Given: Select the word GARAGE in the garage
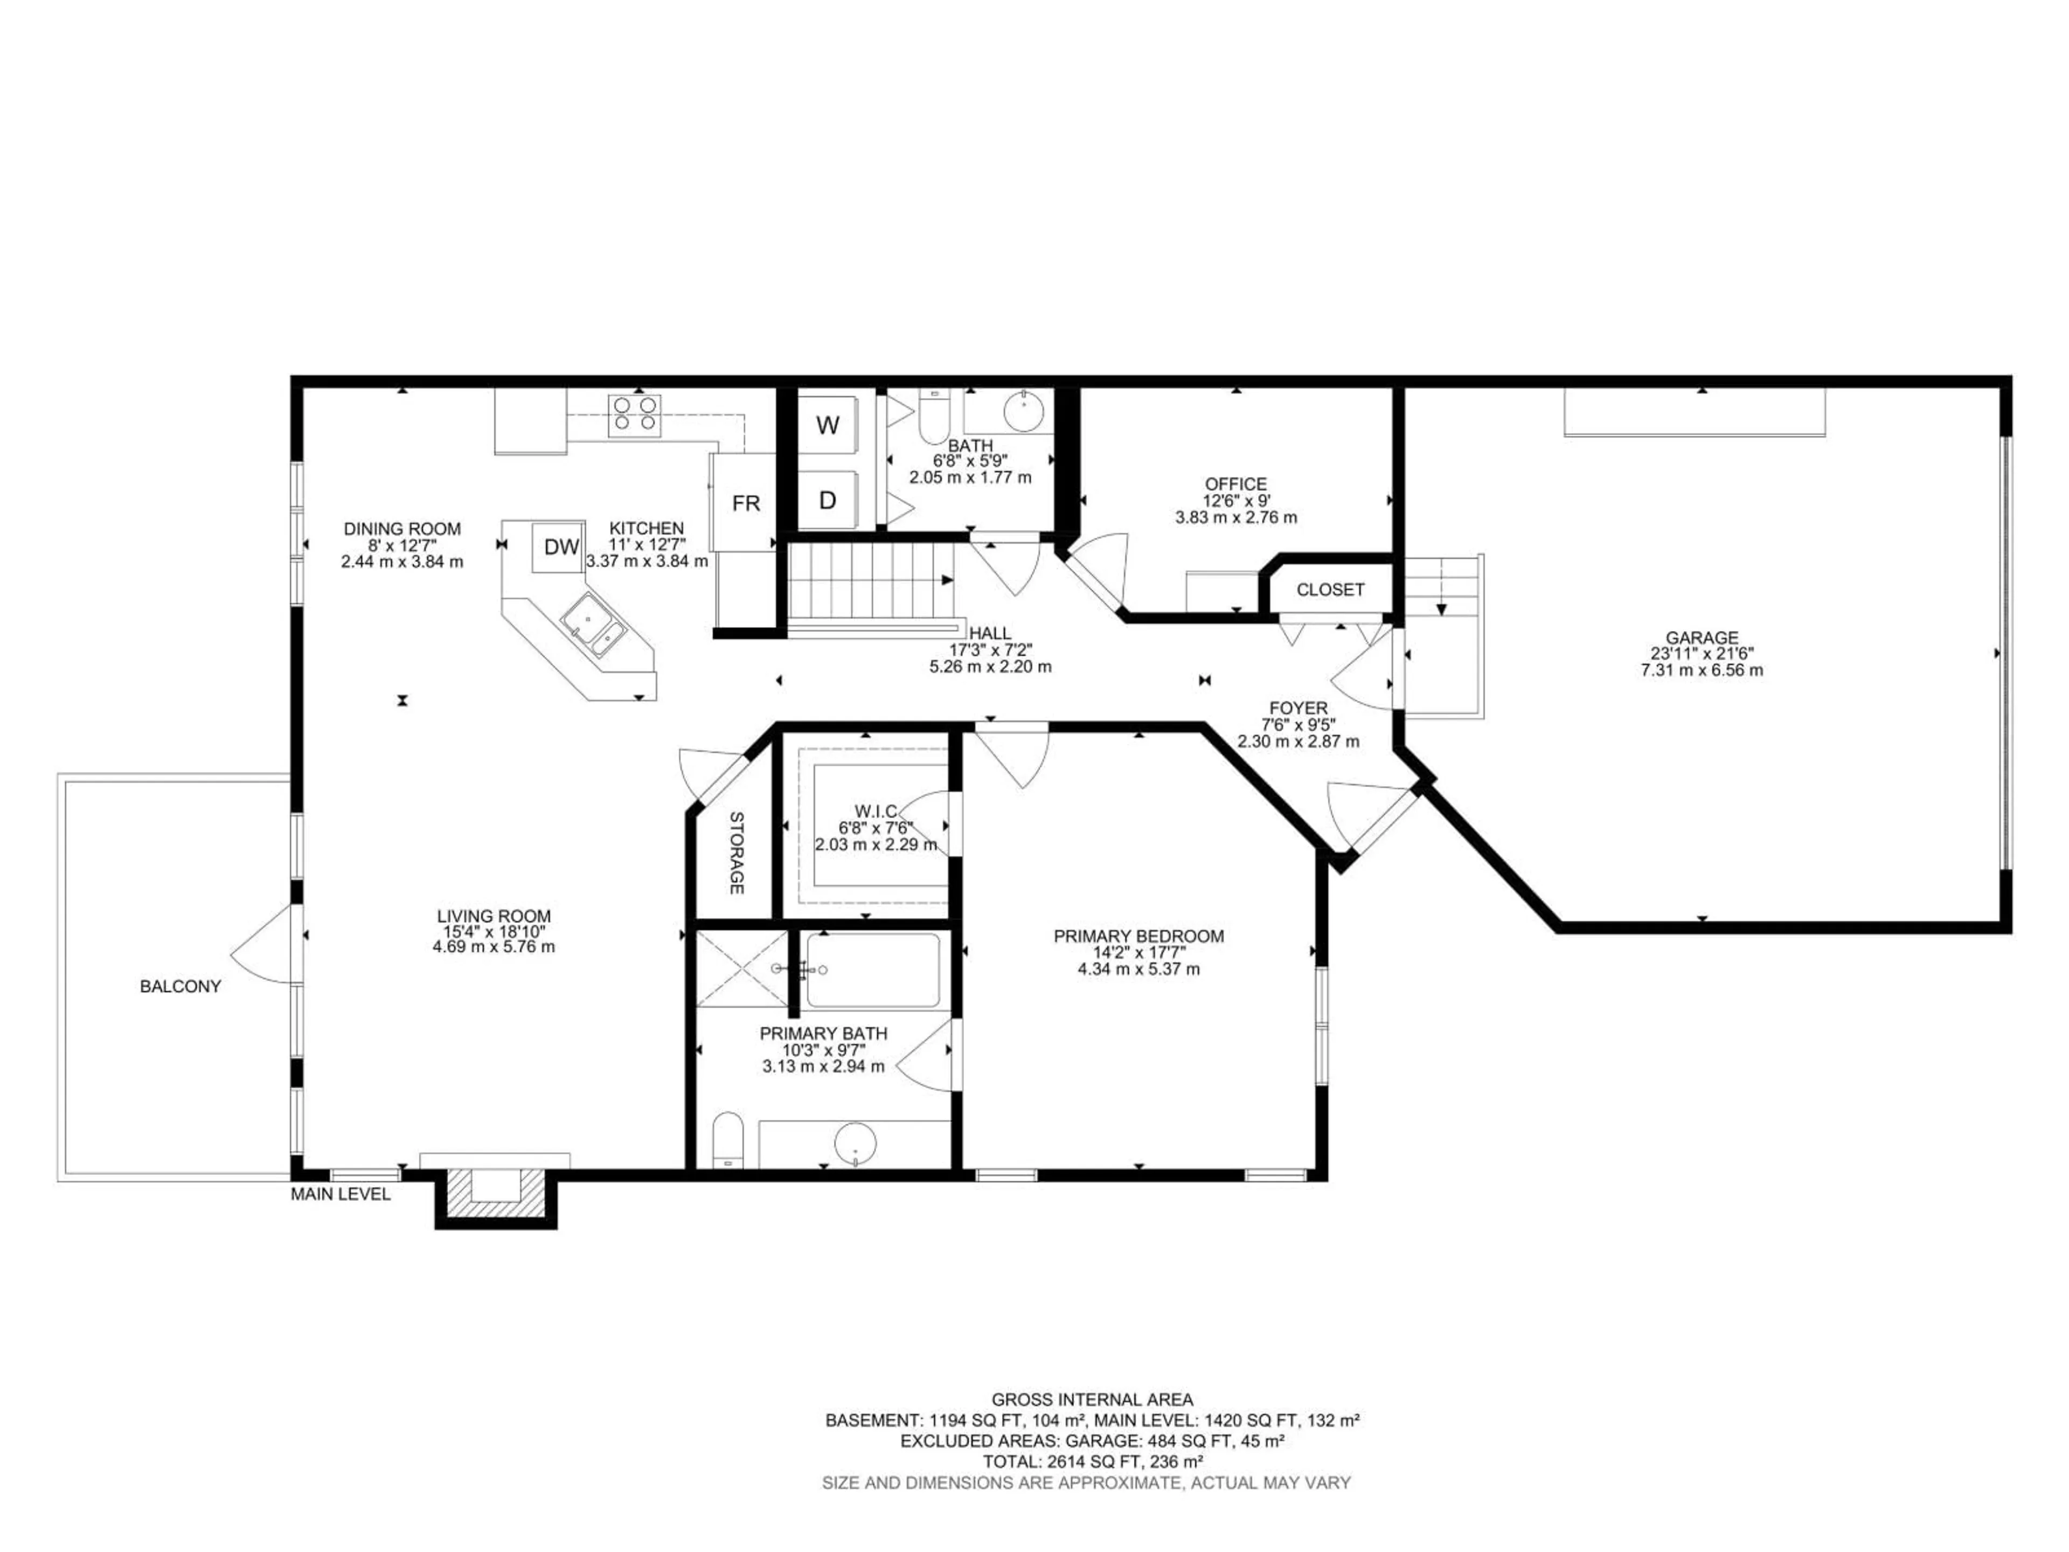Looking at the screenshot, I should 1702,638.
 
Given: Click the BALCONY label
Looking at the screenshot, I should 180,986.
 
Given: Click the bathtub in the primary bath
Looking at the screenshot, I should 872,970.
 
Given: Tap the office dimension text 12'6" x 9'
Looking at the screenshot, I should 1235,501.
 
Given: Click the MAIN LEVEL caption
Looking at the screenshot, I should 341,1195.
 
